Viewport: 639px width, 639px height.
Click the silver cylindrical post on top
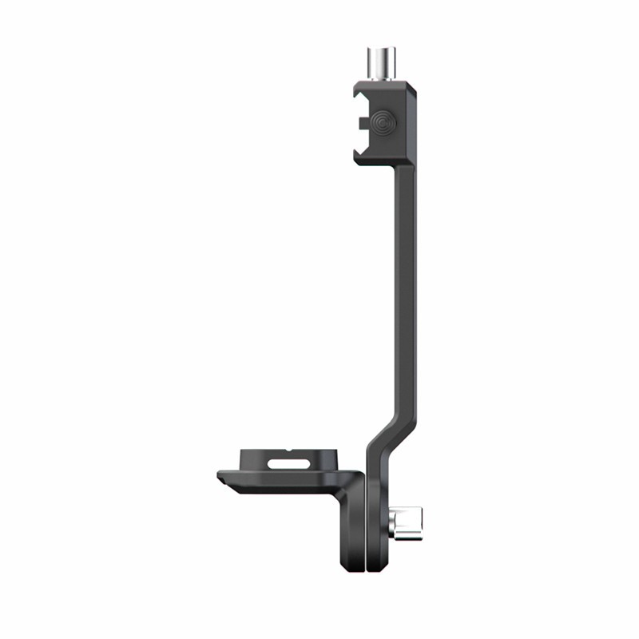pyautogui.click(x=383, y=62)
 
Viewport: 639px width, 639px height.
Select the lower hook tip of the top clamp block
pyautogui.click(x=359, y=153)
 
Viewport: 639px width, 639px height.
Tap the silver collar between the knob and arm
pyautogui.click(x=392, y=525)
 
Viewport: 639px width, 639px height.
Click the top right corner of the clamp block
pyautogui.click(x=414, y=81)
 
